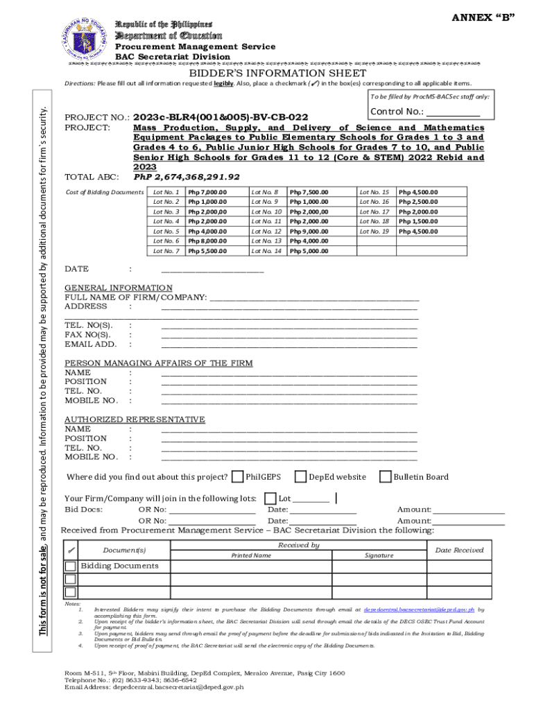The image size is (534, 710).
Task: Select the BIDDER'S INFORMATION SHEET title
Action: [x=278, y=73]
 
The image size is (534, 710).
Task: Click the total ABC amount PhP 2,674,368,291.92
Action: [x=187, y=177]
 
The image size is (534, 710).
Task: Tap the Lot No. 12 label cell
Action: [x=266, y=231]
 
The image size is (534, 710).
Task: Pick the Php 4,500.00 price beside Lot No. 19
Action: [x=417, y=231]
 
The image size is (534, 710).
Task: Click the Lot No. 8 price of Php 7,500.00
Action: [x=309, y=192]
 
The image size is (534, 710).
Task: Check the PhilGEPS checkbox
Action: [x=238, y=476]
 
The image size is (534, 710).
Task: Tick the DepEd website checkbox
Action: [x=300, y=476]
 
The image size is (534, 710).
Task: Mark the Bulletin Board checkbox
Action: [x=386, y=476]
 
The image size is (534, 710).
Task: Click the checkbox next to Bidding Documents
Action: [x=71, y=566]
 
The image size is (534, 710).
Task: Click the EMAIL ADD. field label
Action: [x=91, y=344]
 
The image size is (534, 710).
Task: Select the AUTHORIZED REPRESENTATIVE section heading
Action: [x=135, y=419]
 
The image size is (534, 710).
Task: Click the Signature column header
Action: [x=379, y=555]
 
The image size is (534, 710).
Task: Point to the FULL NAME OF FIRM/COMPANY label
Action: [x=135, y=297]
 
